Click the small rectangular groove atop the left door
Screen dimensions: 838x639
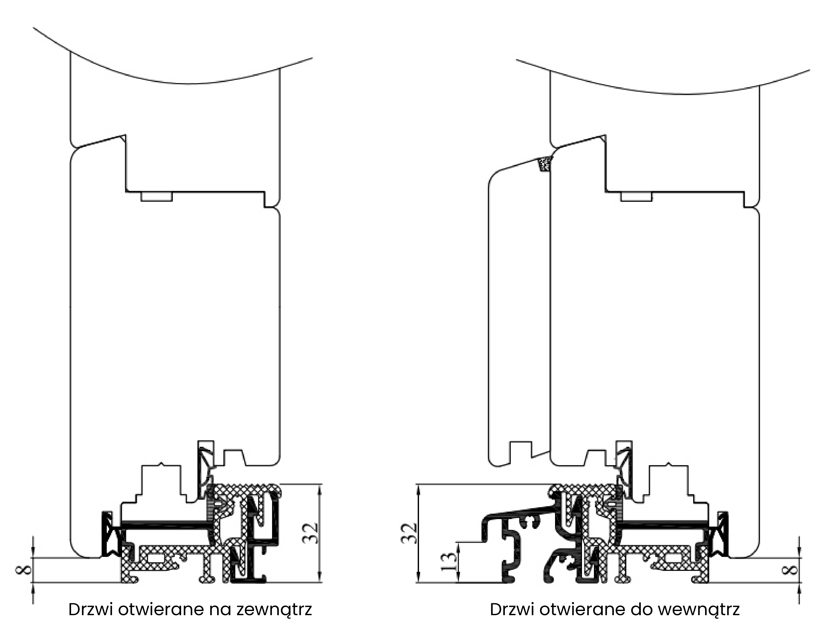tap(157, 197)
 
